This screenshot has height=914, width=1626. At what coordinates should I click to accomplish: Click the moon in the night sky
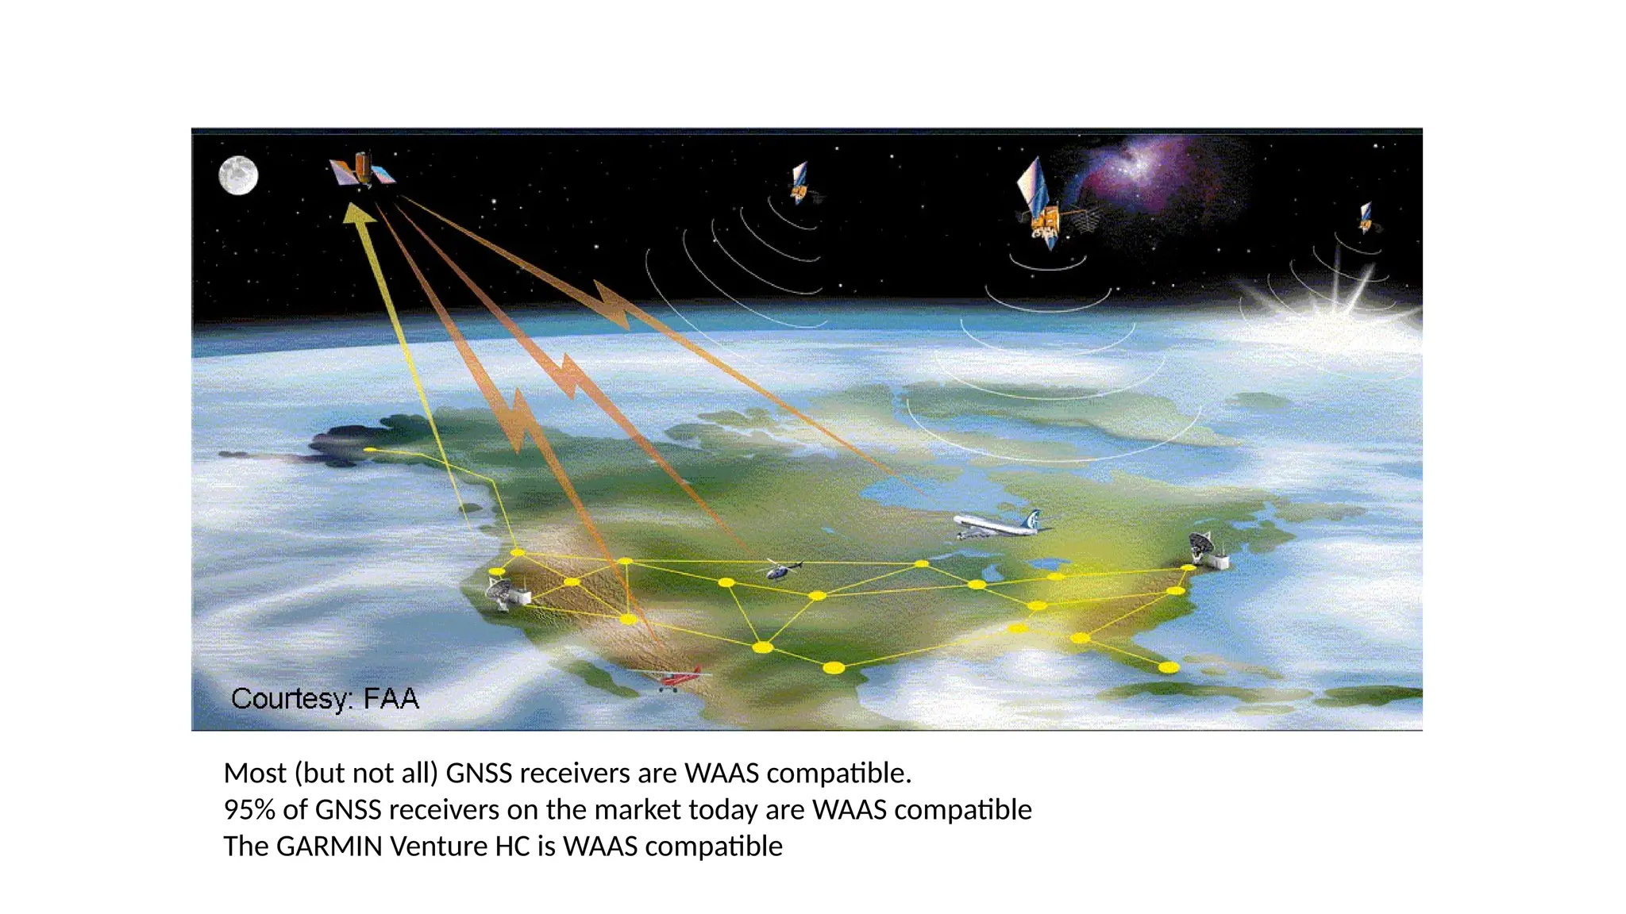click(238, 175)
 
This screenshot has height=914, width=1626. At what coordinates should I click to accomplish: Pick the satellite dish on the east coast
click(1208, 551)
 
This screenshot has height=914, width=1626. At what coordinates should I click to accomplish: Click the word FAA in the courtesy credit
click(391, 699)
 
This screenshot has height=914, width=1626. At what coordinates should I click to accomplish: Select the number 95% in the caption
click(249, 810)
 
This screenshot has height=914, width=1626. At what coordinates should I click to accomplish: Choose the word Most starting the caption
click(255, 773)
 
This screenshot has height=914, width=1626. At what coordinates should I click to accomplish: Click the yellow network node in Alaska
click(370, 450)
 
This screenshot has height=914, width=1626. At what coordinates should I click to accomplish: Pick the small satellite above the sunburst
click(1366, 217)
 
